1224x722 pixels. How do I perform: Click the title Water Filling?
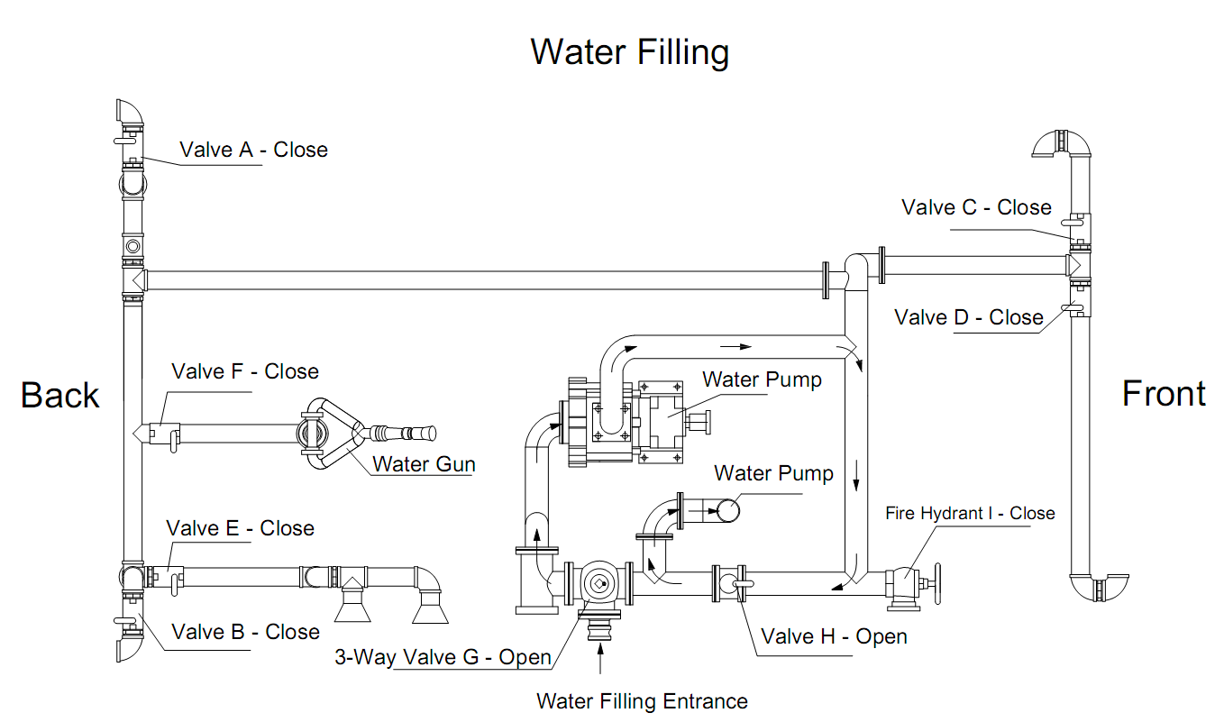click(x=629, y=51)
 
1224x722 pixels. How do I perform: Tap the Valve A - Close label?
click(x=253, y=150)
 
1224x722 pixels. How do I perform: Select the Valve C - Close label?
click(x=976, y=207)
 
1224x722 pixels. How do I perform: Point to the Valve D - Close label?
click(x=968, y=317)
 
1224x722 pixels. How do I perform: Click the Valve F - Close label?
click(x=245, y=371)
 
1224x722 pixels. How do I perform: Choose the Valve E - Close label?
click(x=241, y=528)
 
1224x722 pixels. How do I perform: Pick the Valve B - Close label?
click(x=245, y=632)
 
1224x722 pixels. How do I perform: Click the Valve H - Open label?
click(x=834, y=636)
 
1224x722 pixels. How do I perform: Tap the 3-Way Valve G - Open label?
click(x=443, y=657)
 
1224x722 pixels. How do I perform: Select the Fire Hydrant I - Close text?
click(x=969, y=513)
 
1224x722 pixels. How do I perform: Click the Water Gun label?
click(x=424, y=464)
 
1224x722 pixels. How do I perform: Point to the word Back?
click(x=59, y=395)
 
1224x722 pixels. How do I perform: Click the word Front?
click(x=1164, y=394)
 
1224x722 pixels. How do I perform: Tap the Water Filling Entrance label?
click(x=642, y=701)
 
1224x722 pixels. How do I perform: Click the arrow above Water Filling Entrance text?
click(x=600, y=659)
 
